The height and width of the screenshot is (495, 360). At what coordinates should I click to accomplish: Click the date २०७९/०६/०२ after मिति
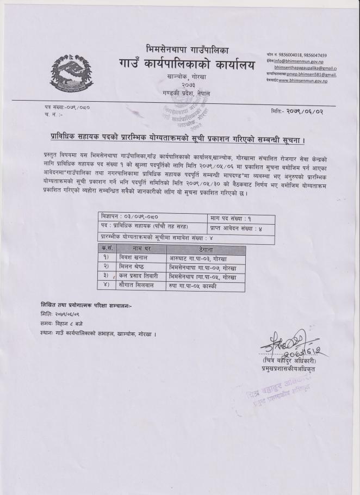pyautogui.click(x=306, y=111)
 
